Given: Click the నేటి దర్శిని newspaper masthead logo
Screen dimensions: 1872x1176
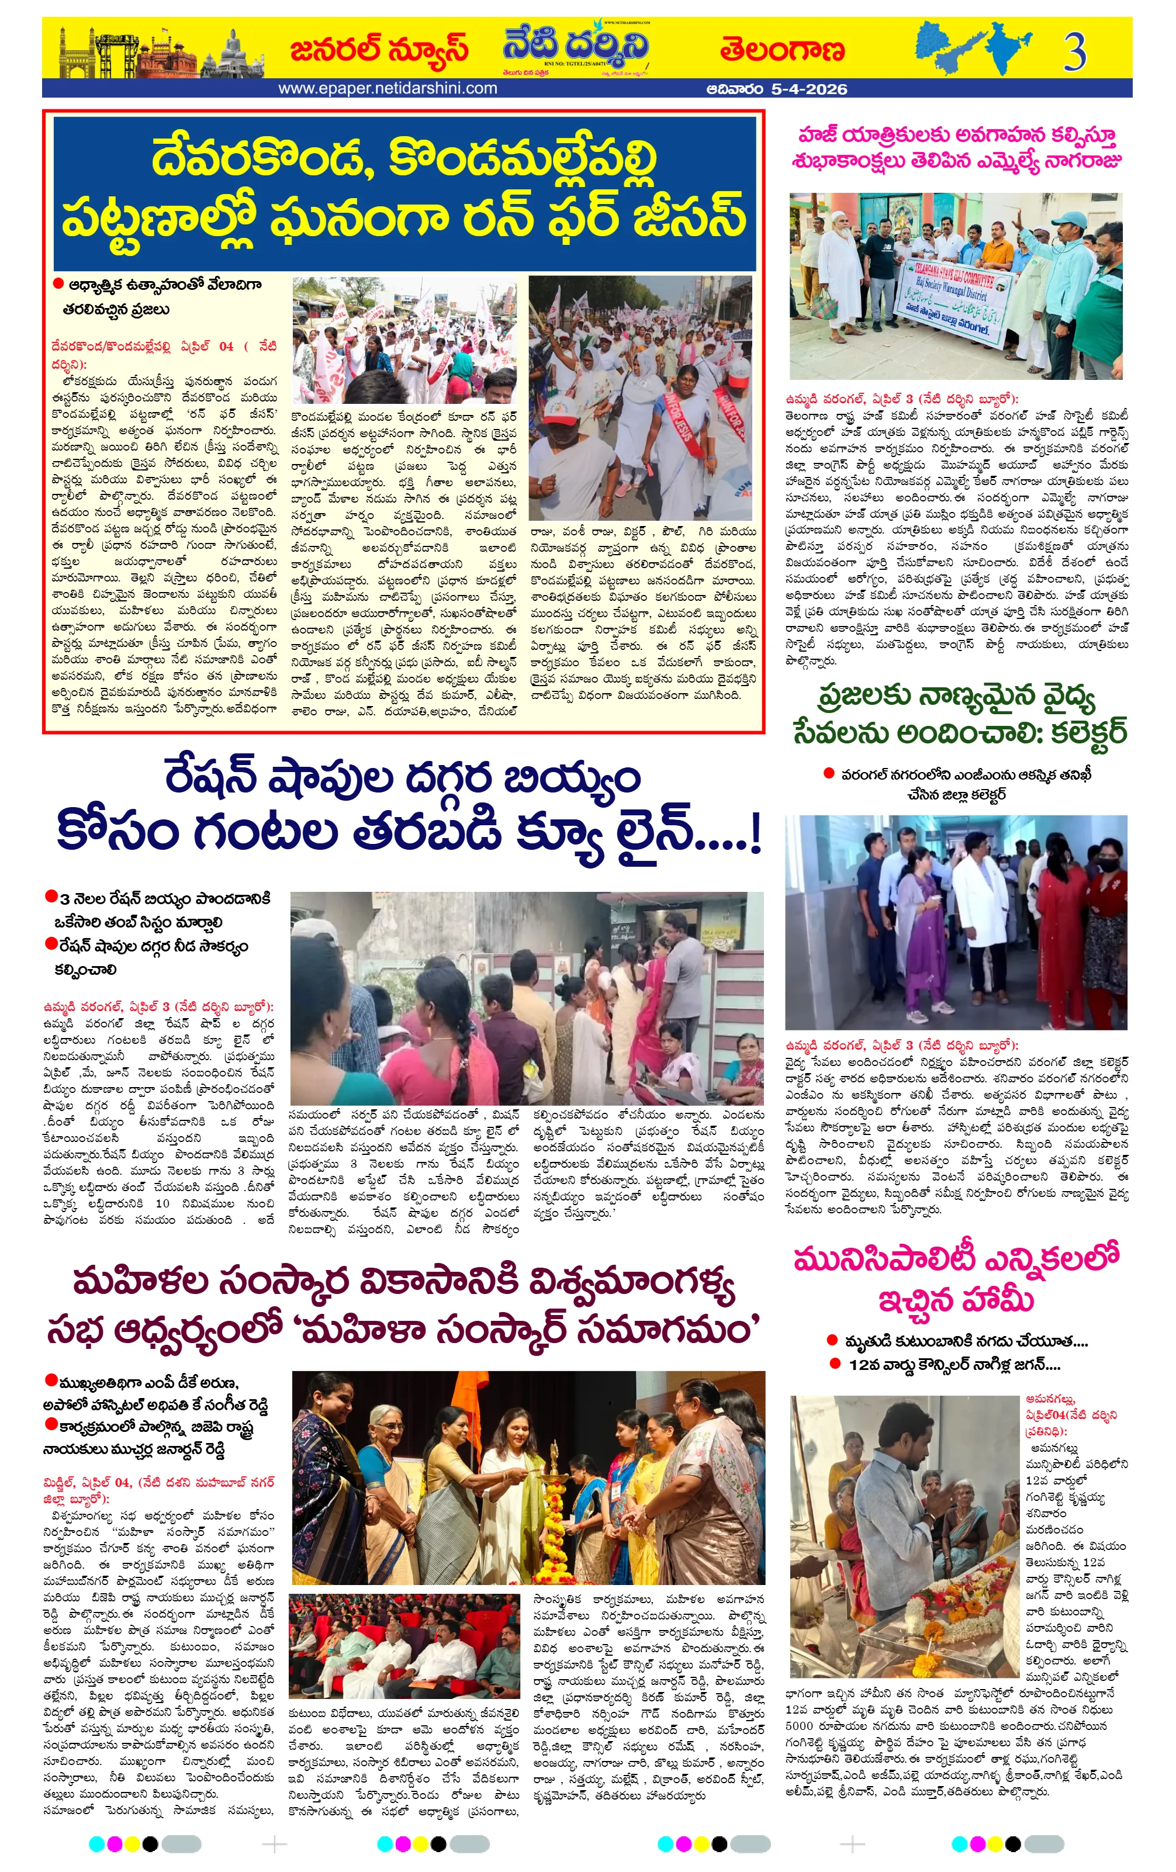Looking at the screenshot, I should pyautogui.click(x=575, y=48).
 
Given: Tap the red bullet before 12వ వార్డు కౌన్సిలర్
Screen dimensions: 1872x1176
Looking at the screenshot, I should pyautogui.click(x=835, y=1363).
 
